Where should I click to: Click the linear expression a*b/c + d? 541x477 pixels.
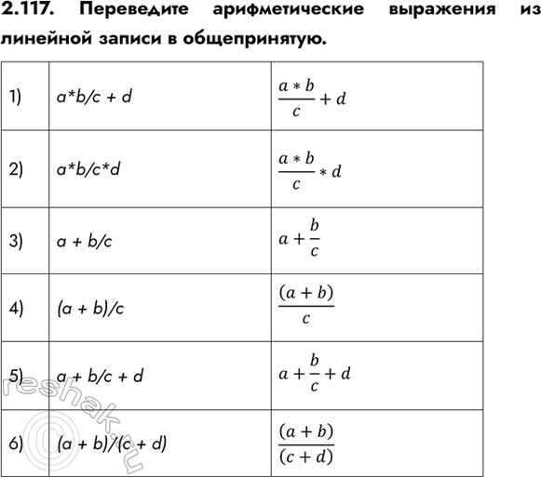[x=94, y=96]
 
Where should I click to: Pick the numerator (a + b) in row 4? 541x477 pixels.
[x=305, y=295]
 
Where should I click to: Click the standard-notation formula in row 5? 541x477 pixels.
[x=314, y=373]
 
